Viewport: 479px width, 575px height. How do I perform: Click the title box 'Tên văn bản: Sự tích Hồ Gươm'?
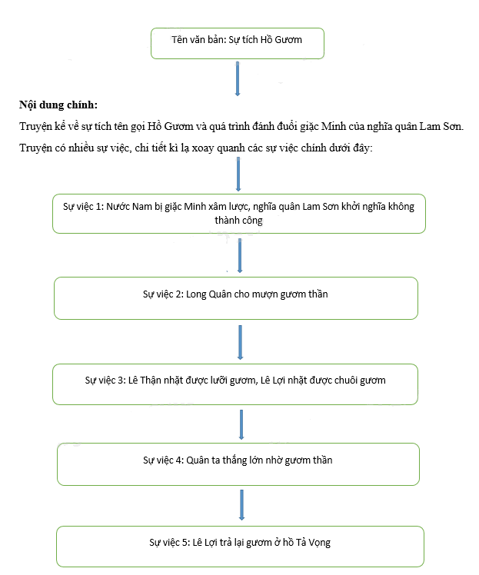tap(238, 43)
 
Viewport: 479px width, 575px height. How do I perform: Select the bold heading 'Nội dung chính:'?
tap(58, 105)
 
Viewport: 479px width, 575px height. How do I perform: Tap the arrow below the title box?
tap(238, 78)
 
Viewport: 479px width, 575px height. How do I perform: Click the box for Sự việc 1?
tap(239, 214)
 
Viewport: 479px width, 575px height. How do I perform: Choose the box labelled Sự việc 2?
tap(236, 298)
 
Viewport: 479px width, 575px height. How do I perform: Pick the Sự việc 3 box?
tap(235, 384)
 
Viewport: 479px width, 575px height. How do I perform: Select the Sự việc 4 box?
tap(238, 464)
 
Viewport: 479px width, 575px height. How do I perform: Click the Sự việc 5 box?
tap(240, 547)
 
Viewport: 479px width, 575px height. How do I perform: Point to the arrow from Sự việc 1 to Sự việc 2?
tap(240, 255)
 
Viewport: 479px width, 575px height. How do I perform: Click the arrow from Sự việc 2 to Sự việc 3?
tap(240, 342)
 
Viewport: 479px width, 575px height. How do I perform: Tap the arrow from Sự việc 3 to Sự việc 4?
tap(241, 424)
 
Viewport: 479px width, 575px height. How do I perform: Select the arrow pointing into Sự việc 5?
tap(241, 504)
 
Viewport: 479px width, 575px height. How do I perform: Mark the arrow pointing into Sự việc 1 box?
tap(238, 174)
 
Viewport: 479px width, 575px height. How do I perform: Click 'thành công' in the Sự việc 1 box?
tap(239, 221)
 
